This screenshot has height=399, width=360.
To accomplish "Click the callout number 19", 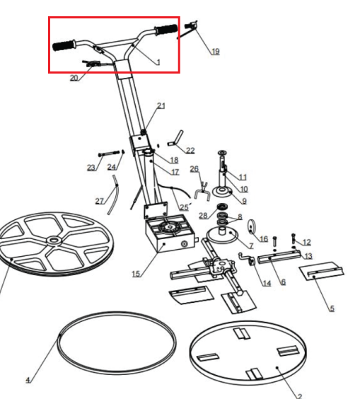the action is tap(215, 51).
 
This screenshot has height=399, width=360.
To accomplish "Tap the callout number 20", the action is tap(74, 78).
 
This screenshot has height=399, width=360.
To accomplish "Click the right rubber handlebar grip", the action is tap(166, 30).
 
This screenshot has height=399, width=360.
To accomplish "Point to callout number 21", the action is tap(161, 105).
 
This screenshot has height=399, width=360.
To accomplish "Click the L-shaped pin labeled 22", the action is tap(175, 139).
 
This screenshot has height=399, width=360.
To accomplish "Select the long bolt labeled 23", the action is tap(109, 154).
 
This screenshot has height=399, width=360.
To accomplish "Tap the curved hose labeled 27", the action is tap(112, 195).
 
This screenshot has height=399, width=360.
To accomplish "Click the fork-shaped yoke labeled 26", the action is tap(202, 191).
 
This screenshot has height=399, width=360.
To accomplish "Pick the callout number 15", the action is tap(136, 274).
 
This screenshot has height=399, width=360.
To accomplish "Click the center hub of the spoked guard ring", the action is tap(53, 241).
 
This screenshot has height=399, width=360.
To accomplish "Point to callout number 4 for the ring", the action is tap(28, 380).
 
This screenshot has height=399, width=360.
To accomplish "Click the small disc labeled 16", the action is tap(251, 226).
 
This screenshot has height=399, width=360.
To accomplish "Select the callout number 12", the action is tap(307, 242).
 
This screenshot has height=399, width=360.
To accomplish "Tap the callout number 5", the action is tap(332, 308).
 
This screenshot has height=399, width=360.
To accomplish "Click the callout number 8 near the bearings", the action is tap(240, 216).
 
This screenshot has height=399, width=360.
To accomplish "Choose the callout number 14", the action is tap(267, 283).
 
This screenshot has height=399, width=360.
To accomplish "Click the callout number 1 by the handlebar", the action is tap(158, 62).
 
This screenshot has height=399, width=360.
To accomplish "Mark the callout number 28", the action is tap(203, 216).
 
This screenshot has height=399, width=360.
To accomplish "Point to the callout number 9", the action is tap(244, 201).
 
